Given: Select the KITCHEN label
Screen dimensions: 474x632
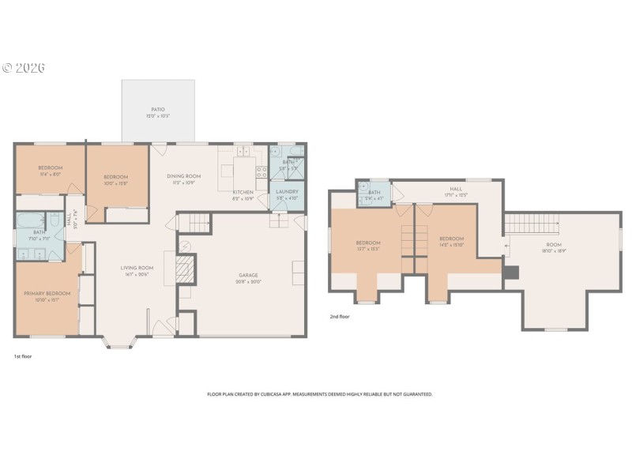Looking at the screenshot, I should click(x=243, y=193).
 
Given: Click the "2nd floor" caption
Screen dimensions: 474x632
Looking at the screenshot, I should click(x=340, y=316).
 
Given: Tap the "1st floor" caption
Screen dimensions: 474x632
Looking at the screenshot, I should click(x=23, y=356).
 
